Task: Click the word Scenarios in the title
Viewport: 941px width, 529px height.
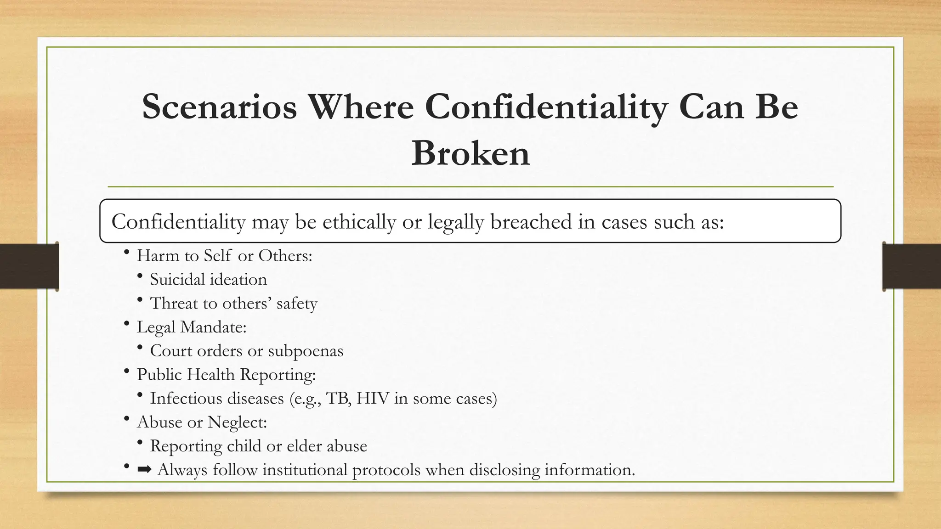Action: click(x=219, y=107)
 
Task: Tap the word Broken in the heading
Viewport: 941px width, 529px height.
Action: click(x=470, y=153)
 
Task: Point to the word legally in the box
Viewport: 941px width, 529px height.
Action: click(x=456, y=222)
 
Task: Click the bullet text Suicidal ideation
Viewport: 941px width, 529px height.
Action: click(x=208, y=280)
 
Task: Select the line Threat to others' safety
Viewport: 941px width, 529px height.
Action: click(x=233, y=304)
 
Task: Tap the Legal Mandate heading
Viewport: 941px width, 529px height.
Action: click(x=192, y=327)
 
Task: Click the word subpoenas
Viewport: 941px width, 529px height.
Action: click(x=306, y=351)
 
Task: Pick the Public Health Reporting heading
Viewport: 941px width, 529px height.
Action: click(x=226, y=374)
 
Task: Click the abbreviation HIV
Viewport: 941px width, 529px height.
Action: click(x=373, y=398)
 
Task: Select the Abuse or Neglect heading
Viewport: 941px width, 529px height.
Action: click(x=202, y=422)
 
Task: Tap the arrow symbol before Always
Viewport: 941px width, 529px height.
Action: click(x=144, y=470)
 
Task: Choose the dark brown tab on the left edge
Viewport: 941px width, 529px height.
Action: click(x=29, y=266)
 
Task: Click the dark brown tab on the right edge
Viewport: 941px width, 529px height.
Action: click(x=912, y=266)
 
